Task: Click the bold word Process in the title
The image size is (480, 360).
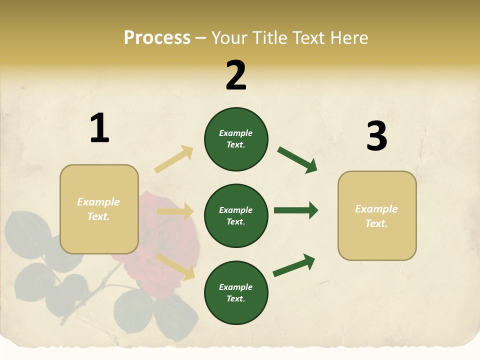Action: [157, 38]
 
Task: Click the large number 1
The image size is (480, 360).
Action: [99, 128]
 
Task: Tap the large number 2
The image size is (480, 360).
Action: [236, 75]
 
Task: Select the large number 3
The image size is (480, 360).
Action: [376, 136]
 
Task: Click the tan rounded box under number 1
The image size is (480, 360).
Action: [99, 209]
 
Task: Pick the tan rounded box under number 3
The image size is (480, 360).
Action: [377, 216]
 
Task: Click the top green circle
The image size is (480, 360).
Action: [236, 138]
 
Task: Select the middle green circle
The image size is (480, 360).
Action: [236, 215]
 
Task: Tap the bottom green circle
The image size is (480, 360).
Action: [236, 292]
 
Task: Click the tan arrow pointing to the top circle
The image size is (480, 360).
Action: [174, 159]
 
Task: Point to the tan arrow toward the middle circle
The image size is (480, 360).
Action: [175, 211]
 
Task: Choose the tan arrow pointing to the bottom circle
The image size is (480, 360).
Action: [175, 266]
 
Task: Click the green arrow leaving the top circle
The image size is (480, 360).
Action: [297, 159]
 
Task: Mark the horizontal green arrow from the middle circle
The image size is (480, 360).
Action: [296, 210]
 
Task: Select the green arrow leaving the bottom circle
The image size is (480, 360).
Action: [294, 265]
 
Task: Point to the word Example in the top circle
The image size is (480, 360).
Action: [236, 133]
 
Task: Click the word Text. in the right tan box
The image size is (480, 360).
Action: [376, 223]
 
